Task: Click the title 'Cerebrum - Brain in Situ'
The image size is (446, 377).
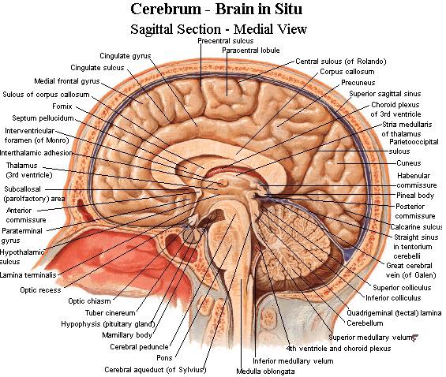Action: [216, 9]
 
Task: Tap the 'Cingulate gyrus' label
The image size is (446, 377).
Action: [126, 56]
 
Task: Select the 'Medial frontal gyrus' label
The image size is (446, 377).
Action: [67, 81]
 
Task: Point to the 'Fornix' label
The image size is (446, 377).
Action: [62, 106]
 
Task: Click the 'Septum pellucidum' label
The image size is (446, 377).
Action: [43, 118]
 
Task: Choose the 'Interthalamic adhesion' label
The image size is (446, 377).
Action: [36, 153]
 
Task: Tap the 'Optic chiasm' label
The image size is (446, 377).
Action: [89, 300]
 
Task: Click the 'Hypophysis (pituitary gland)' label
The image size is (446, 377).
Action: [108, 324]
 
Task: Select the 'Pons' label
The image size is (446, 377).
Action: [164, 358]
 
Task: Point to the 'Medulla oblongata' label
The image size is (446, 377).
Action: [265, 371]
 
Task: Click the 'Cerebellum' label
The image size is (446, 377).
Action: [365, 323]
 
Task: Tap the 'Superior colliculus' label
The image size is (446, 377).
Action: [402, 288]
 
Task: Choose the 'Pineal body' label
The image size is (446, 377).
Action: [415, 196]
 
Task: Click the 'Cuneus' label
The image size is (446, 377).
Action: [409, 163]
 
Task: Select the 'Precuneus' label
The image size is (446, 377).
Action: [358, 83]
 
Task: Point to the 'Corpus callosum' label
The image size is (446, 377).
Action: [347, 72]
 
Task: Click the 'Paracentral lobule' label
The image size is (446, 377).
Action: [251, 50]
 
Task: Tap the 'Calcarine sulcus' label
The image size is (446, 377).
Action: [416, 227]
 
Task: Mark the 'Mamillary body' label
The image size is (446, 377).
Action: [127, 335]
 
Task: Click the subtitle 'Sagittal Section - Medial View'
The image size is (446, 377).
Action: [219, 29]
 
